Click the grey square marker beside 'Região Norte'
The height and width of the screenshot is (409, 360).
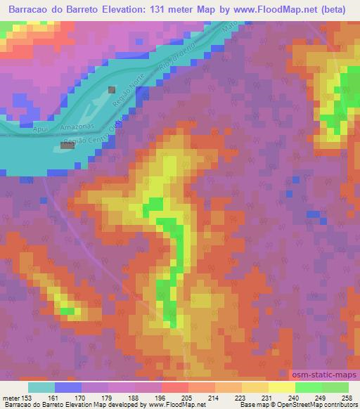(112, 90)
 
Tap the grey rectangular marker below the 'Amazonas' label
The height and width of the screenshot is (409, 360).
(67, 145)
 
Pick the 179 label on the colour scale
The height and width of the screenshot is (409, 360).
(96, 397)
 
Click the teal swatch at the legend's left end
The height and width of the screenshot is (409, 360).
(41, 387)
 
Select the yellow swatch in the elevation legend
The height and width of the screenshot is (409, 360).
(282, 387)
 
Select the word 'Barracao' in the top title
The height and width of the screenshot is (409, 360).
(32, 10)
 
